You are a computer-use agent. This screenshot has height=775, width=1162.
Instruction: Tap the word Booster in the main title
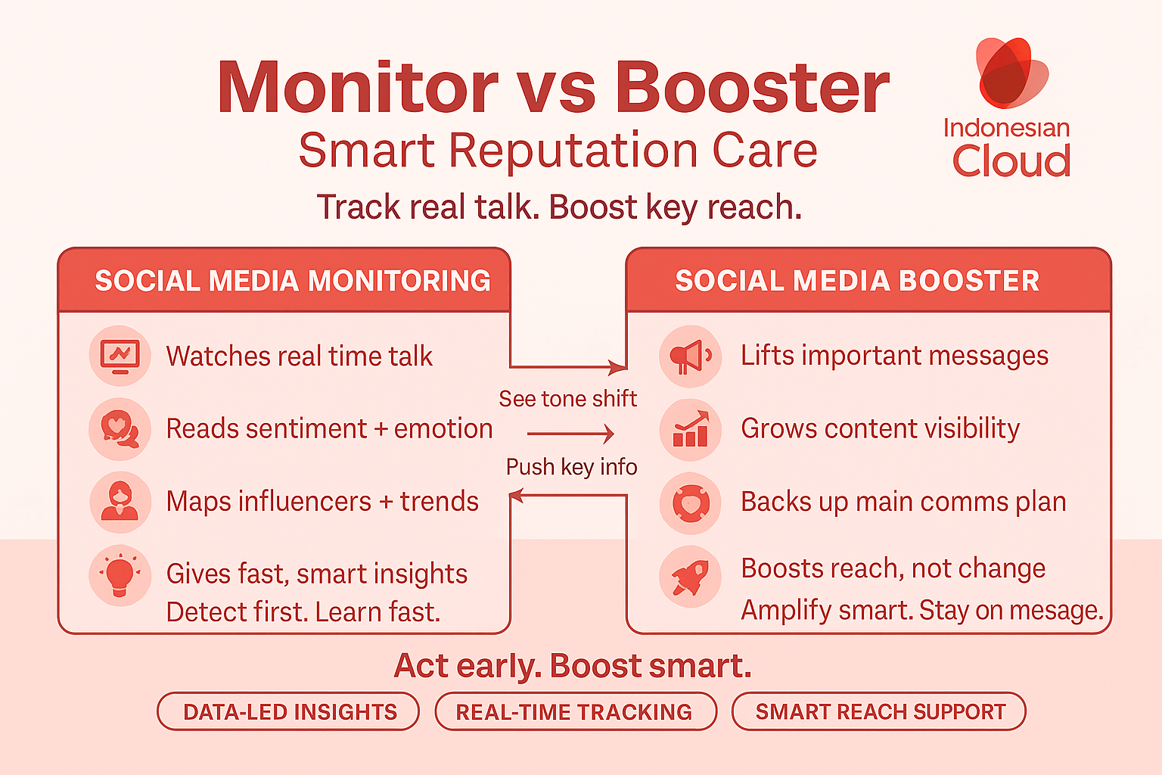(x=752, y=88)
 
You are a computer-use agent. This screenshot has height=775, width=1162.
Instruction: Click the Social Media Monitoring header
(x=293, y=281)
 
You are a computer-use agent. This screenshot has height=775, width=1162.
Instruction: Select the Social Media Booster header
(x=857, y=281)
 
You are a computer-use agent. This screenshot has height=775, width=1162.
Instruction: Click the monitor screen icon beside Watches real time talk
(x=120, y=355)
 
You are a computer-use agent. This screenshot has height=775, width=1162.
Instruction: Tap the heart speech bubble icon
(x=120, y=428)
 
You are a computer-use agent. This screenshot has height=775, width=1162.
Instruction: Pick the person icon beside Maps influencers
(x=120, y=501)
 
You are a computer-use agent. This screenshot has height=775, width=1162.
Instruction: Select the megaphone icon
(x=690, y=356)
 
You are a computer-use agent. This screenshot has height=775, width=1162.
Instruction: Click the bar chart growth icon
(x=690, y=429)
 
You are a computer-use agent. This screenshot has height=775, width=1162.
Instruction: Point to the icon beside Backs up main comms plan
(x=690, y=503)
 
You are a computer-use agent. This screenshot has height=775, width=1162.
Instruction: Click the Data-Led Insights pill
(x=289, y=711)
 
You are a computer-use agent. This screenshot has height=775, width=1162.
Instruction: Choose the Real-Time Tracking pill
(x=575, y=711)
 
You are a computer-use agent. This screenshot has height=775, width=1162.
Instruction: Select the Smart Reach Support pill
(x=879, y=711)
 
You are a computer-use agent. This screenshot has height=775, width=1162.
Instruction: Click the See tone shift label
(x=567, y=399)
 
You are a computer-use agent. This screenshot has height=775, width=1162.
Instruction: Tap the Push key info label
(x=571, y=467)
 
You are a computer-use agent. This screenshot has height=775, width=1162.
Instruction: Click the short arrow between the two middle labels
(x=570, y=434)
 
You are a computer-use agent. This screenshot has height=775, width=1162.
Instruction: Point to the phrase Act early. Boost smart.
(x=573, y=666)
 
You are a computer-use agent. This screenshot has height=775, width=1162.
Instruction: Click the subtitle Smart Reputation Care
(x=558, y=151)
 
